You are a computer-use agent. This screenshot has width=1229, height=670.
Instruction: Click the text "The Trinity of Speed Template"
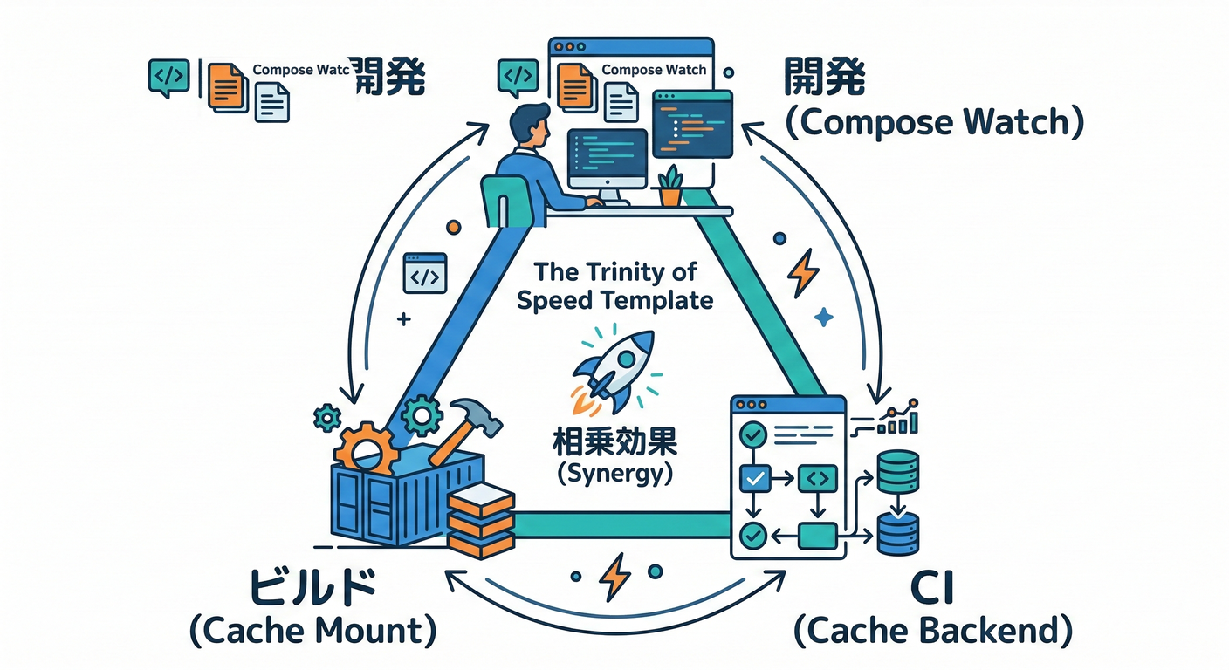(x=614, y=286)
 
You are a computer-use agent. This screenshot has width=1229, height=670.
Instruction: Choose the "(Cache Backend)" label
(x=933, y=630)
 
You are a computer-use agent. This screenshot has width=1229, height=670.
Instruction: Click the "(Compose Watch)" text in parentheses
(x=934, y=123)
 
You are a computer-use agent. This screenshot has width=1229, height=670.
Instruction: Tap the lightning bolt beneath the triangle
(x=615, y=575)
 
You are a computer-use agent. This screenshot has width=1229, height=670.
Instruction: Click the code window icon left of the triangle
(x=424, y=272)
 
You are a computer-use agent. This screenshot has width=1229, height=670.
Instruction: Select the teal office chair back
(x=505, y=200)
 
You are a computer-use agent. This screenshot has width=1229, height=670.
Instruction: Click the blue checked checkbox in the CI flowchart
(x=752, y=477)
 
